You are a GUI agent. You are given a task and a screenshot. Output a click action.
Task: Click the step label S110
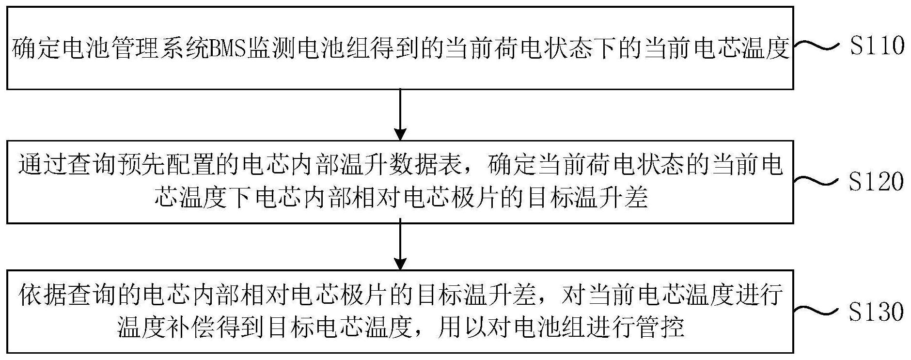coord(877,46)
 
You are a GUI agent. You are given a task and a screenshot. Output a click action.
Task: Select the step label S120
coord(877,182)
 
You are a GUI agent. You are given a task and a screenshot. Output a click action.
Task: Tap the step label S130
coord(877,312)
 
